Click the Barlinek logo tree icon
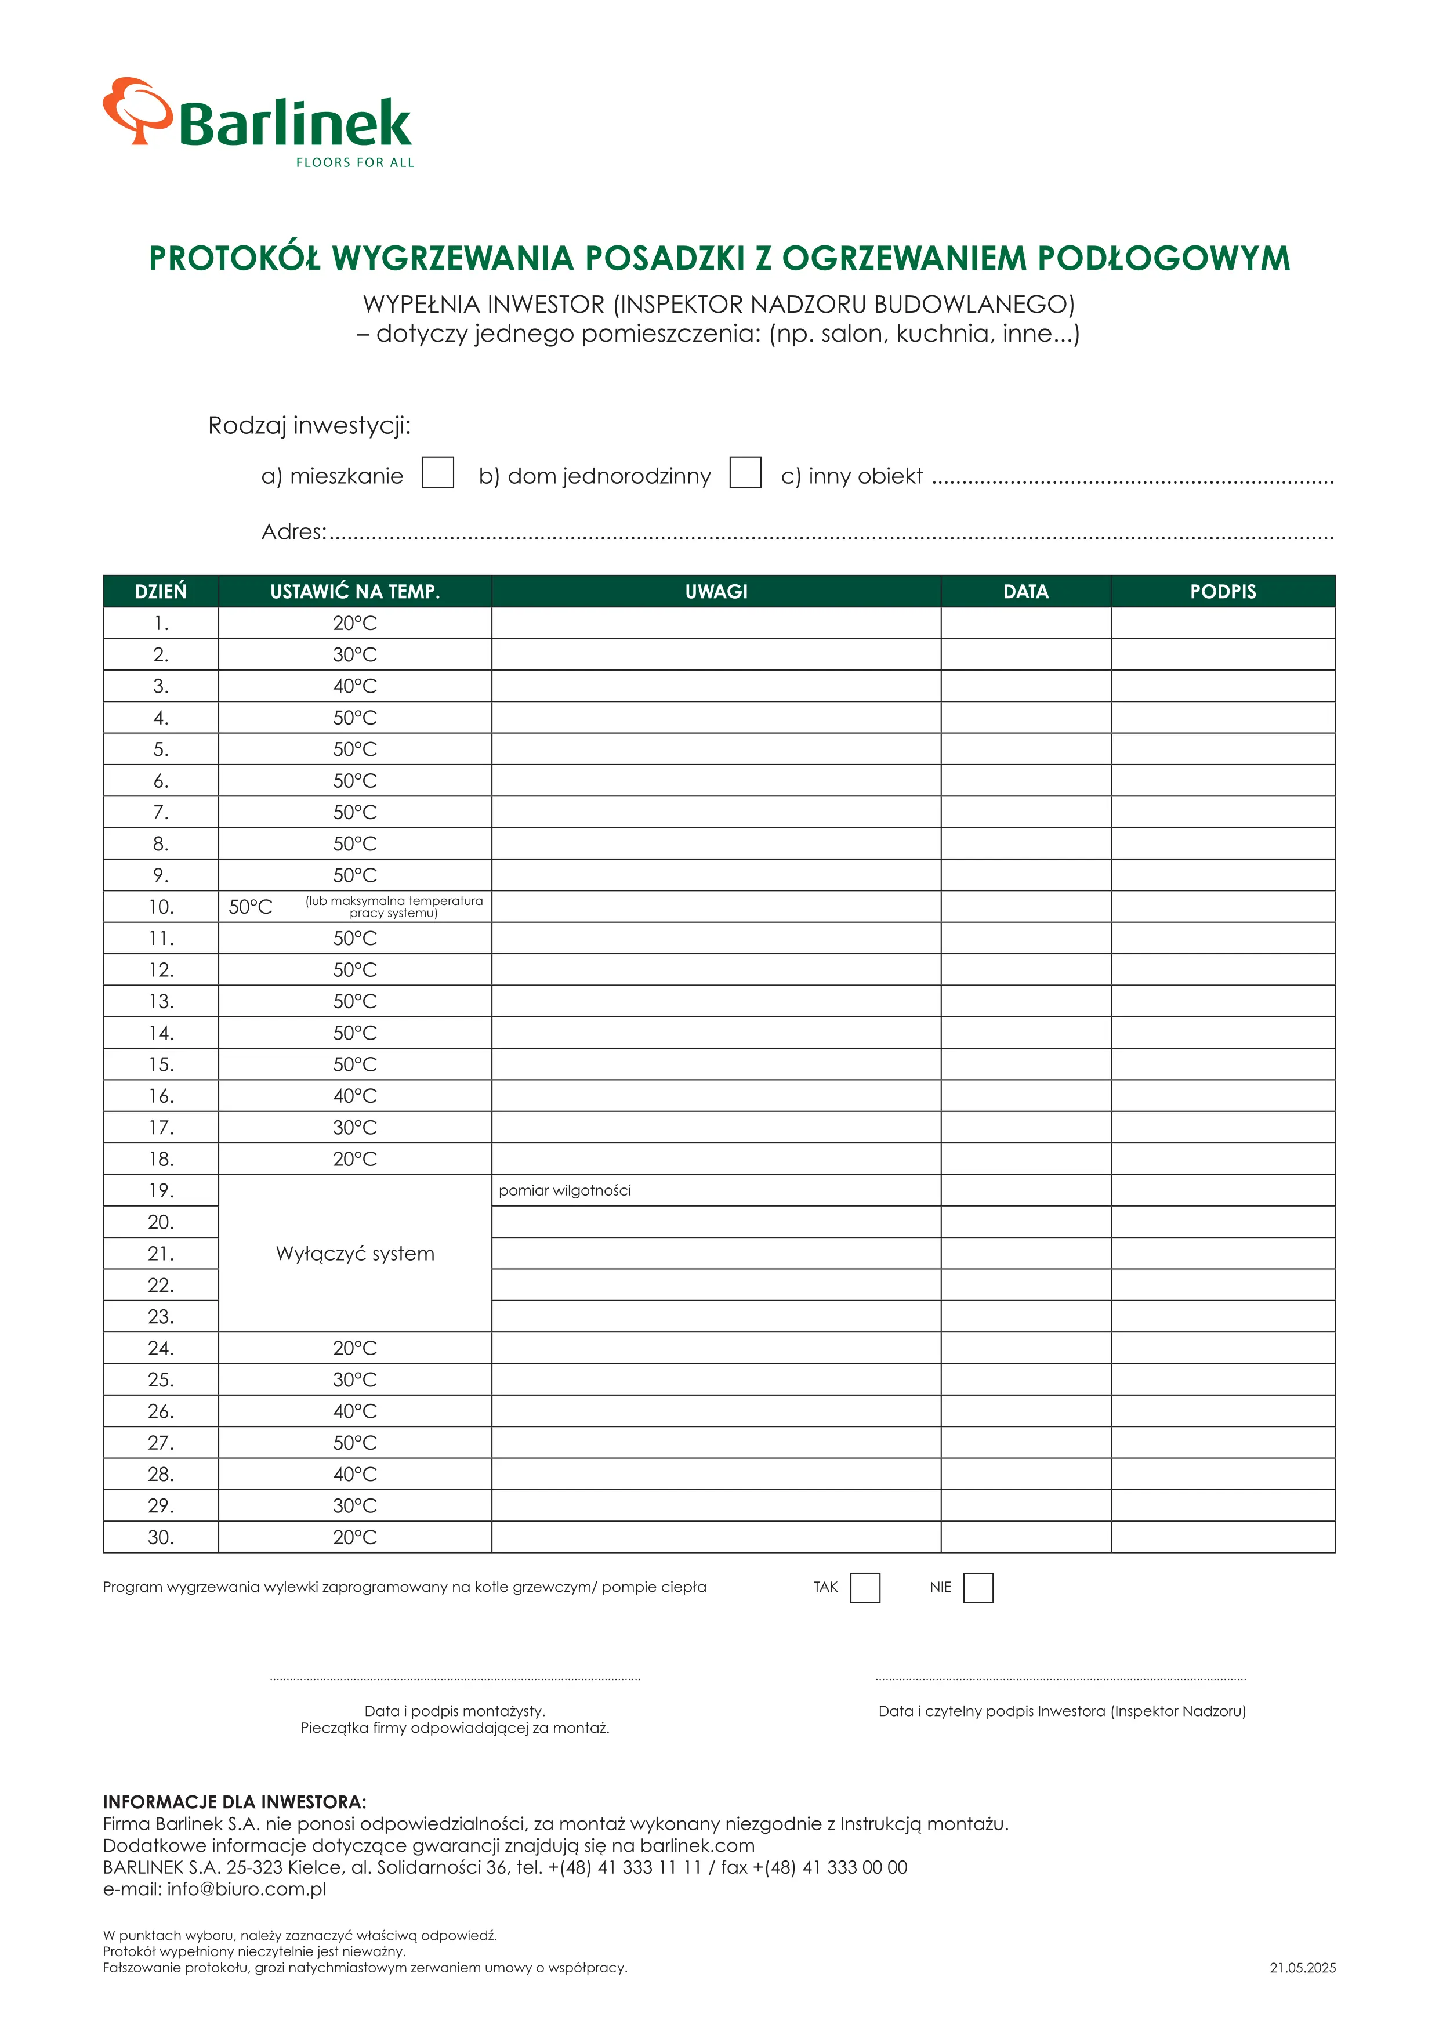136,110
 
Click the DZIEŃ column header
161,591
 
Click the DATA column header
1025,591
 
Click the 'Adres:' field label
293,532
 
